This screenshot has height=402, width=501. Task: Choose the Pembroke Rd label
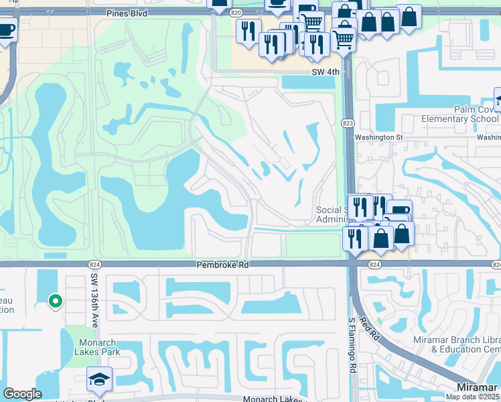[x=222, y=265]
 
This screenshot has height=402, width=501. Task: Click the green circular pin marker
[x=55, y=302]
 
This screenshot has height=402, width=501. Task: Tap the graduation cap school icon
[x=99, y=379]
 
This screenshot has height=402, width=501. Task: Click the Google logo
[x=22, y=394]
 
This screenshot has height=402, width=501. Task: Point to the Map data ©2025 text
[x=473, y=397]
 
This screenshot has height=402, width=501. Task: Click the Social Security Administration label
[x=333, y=214]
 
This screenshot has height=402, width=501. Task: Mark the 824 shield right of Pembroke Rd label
[x=374, y=265]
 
